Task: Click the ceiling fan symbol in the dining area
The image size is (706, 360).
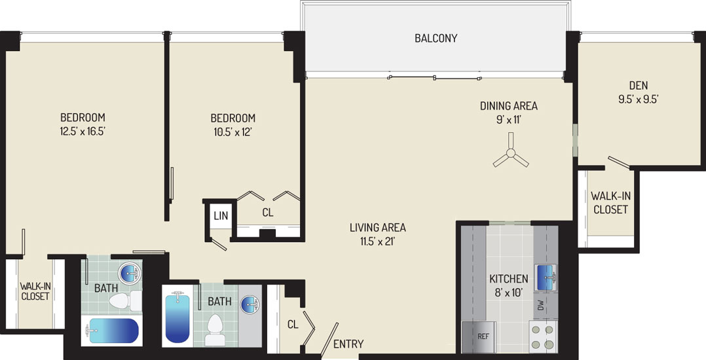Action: click(x=511, y=153)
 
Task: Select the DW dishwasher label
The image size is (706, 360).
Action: click(x=541, y=306)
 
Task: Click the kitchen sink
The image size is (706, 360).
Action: click(x=546, y=278)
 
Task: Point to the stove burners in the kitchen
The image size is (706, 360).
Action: click(x=542, y=338)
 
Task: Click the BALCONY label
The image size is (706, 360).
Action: click(x=436, y=38)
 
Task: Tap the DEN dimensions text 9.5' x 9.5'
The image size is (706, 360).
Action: click(x=639, y=99)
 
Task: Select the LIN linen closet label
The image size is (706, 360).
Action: click(x=221, y=216)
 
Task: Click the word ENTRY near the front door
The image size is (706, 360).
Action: click(x=348, y=344)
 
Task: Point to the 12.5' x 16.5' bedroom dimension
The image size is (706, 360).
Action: click(x=83, y=132)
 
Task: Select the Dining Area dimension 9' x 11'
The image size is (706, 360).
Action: click(x=508, y=120)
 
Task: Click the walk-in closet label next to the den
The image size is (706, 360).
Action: click(x=610, y=202)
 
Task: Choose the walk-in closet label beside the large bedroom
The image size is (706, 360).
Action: click(x=35, y=291)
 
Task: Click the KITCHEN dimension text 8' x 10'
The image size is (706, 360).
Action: click(x=508, y=293)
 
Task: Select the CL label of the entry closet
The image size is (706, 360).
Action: click(x=293, y=324)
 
